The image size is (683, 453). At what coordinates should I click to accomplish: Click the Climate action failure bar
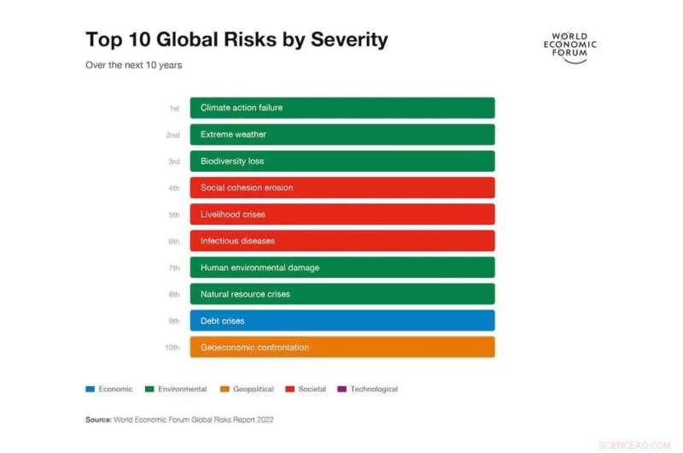tap(341, 108)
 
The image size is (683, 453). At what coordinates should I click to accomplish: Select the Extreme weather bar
tap(341, 134)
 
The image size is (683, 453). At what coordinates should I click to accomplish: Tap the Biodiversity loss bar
tap(341, 161)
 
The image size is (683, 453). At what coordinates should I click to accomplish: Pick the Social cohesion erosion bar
tap(341, 187)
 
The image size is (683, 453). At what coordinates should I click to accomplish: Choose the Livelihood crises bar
tap(341, 214)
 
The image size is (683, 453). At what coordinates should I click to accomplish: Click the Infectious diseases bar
tap(341, 241)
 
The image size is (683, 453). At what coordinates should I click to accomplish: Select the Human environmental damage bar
tap(341, 268)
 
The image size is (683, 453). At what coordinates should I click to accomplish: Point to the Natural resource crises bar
tap(341, 294)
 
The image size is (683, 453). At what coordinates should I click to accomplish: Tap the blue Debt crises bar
tap(341, 321)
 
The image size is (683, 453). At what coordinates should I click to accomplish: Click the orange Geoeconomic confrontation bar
tap(341, 347)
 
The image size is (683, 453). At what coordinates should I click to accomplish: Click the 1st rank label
tap(174, 109)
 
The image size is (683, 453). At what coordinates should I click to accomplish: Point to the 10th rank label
tap(172, 348)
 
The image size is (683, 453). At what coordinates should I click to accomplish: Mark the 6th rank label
tap(174, 242)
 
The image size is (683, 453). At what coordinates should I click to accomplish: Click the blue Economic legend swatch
tap(90, 389)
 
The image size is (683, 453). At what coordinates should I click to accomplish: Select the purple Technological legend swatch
tap(341, 389)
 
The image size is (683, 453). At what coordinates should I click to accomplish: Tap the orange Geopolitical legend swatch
tap(225, 389)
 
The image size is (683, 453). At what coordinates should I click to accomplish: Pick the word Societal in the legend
tap(312, 389)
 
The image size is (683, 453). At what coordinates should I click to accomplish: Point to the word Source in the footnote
tap(99, 420)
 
